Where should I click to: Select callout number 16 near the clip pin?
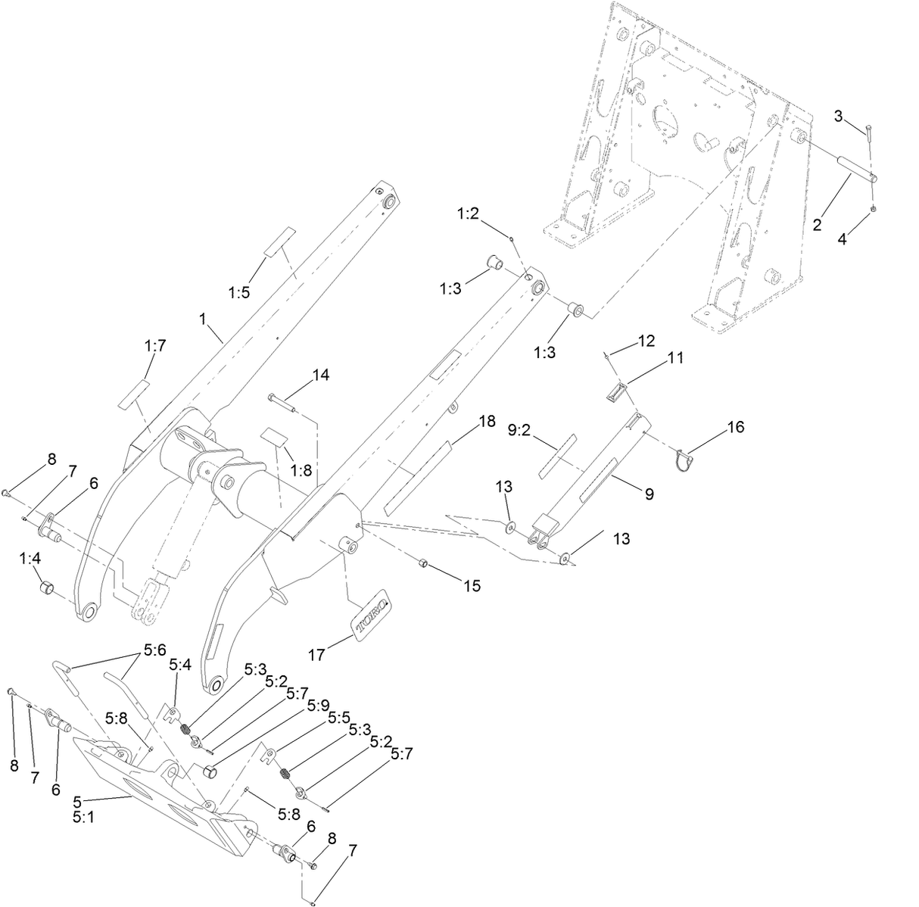(x=734, y=428)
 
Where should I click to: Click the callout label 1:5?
(x=238, y=292)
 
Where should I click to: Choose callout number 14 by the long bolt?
(x=321, y=375)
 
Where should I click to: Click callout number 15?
(x=472, y=585)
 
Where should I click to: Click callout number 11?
(x=675, y=357)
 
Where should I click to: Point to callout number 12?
(x=646, y=341)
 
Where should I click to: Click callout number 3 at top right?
(x=839, y=115)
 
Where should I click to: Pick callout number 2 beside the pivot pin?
(x=818, y=224)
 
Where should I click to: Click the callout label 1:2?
(x=467, y=214)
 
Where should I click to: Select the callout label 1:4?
(x=30, y=559)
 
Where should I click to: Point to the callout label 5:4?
(x=179, y=664)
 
